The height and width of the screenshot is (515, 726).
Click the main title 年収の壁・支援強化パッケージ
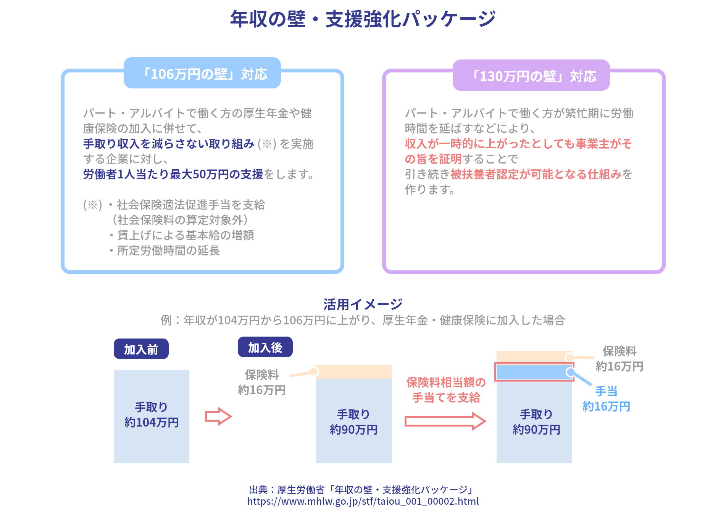363,19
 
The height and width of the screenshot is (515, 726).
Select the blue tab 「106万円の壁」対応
202,73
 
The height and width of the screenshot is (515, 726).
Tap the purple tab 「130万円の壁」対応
531,75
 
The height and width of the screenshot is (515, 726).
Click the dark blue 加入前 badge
141,349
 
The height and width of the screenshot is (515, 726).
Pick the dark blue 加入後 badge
265,347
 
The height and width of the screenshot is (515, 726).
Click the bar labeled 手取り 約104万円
152,416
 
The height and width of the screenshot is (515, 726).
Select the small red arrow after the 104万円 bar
218,416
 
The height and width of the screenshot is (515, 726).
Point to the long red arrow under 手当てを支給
445,421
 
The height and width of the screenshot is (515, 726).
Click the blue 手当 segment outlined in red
534,372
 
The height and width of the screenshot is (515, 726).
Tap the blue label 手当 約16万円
606,399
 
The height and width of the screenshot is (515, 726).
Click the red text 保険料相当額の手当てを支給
446,390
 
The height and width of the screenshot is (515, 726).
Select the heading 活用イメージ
363,304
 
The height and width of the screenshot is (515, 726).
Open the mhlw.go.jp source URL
363,501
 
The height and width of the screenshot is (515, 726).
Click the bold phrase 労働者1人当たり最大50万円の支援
173,174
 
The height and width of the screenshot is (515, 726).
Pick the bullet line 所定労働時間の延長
168,250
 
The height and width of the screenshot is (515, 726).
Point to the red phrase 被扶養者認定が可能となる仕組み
536,174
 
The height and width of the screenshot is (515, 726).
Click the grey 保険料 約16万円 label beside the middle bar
262,382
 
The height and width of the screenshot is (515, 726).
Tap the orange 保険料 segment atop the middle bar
354,372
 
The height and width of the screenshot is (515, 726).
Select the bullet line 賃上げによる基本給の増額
185,235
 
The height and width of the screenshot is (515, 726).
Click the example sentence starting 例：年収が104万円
363,320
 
